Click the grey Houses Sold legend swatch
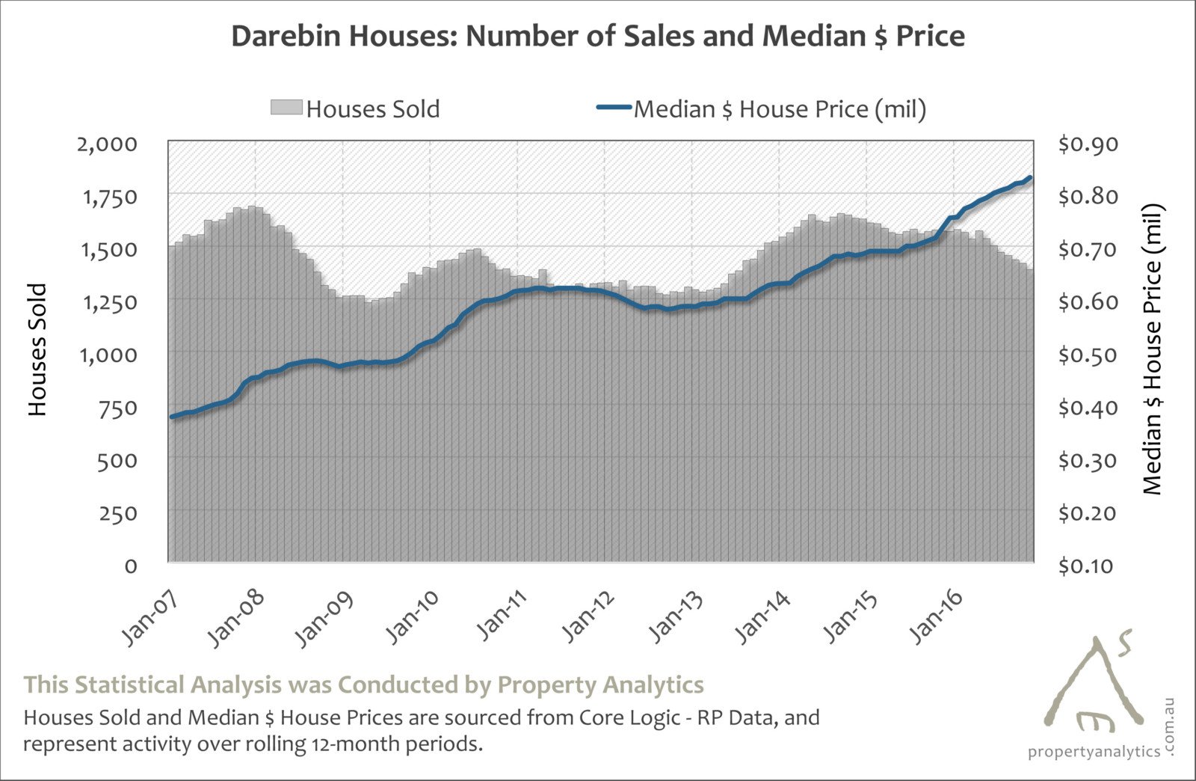pyautogui.click(x=287, y=108)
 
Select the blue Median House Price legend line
pyautogui.click(x=614, y=108)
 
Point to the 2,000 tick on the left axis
pyautogui.click(x=108, y=144)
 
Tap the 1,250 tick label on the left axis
pyautogui.click(x=108, y=302)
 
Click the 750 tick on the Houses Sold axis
pyautogui.click(x=117, y=408)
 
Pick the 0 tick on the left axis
pyautogui.click(x=131, y=566)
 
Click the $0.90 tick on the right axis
pyautogui.click(x=1088, y=144)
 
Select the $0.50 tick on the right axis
pyautogui.click(x=1088, y=355)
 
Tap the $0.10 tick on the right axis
pyautogui.click(x=1088, y=566)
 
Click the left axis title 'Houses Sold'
pyautogui.click(x=37, y=349)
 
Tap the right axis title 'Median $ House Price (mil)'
pyautogui.click(x=1153, y=349)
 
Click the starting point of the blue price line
pyautogui.click(x=172, y=417)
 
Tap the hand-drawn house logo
pyautogui.click(x=1093, y=684)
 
